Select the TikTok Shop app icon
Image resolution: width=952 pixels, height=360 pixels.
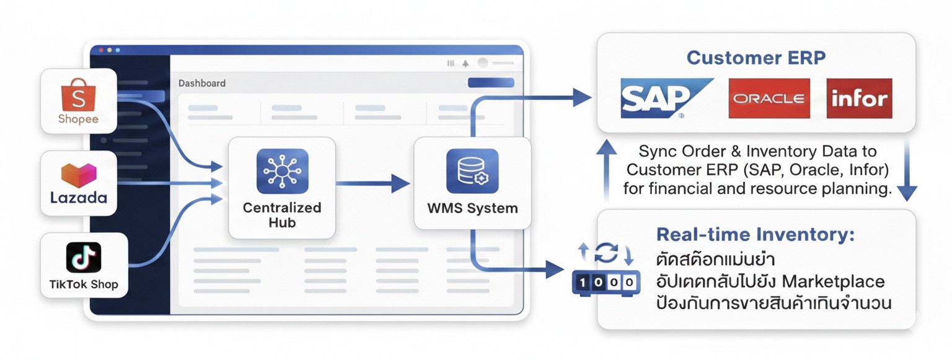(84, 257)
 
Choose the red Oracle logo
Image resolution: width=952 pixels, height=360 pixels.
(769, 98)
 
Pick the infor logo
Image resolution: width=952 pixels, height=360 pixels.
(860, 98)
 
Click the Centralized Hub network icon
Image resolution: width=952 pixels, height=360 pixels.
(283, 171)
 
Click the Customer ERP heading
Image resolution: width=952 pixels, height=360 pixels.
(756, 58)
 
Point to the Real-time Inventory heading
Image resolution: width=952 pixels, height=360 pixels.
(756, 235)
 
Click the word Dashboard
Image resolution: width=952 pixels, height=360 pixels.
(202, 83)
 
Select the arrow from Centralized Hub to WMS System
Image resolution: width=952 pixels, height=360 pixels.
(372, 183)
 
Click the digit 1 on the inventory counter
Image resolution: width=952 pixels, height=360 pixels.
(583, 282)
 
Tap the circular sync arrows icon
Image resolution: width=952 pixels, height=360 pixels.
(607, 253)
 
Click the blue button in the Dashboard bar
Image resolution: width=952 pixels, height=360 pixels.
(491, 82)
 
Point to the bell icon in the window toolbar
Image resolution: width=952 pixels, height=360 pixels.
(466, 64)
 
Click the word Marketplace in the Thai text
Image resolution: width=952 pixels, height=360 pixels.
(833, 281)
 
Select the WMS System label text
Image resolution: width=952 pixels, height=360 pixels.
(473, 208)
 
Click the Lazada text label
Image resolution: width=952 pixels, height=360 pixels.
(79, 198)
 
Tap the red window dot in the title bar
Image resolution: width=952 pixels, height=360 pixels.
(101, 50)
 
